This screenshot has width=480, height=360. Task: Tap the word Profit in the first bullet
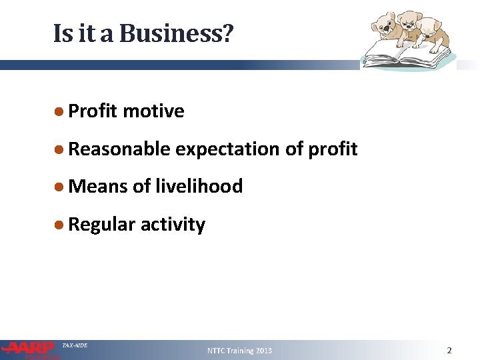point(93,111)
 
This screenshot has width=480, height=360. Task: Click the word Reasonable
point(119,149)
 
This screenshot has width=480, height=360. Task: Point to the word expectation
point(227,149)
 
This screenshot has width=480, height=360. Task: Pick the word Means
point(98,187)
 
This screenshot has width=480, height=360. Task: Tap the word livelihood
point(198,187)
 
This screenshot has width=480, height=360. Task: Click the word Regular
point(101,225)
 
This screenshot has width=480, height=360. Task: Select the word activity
point(173,225)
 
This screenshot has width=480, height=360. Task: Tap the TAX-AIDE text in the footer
point(74,345)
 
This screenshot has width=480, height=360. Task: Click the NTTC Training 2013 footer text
point(239,351)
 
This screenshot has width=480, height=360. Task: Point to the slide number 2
point(449,350)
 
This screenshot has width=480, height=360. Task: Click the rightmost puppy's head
point(431,27)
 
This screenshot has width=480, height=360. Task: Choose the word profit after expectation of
point(333,149)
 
